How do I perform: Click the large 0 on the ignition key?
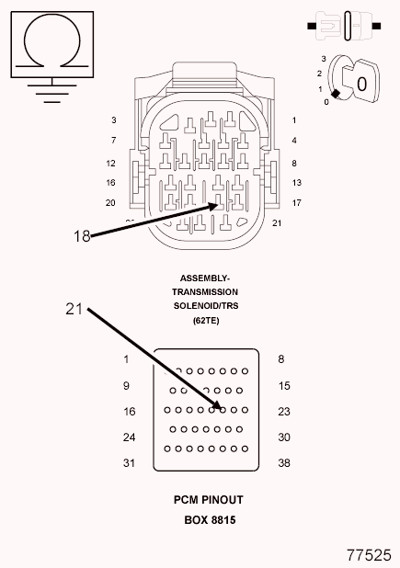[x=361, y=84]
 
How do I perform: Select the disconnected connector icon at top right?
[x=344, y=26]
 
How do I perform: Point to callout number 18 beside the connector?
[x=82, y=236]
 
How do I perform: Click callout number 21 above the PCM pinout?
[x=74, y=309]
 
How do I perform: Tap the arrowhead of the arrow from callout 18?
[x=213, y=206]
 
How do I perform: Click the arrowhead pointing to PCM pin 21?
[x=217, y=404]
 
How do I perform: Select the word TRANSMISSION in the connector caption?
[x=205, y=292]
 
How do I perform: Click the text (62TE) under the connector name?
[x=206, y=320]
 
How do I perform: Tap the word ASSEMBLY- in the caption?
[x=205, y=278]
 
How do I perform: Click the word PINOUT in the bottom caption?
[x=223, y=500]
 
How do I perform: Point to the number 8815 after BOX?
[x=223, y=520]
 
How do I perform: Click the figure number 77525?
[x=370, y=555]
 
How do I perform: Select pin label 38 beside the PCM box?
[x=284, y=463]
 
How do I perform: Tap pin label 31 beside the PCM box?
[x=129, y=463]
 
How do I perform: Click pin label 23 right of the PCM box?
[x=284, y=412]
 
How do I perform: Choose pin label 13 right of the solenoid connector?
[x=297, y=183]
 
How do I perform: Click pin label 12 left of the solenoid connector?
[x=111, y=164]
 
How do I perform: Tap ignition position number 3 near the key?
[x=324, y=59]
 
